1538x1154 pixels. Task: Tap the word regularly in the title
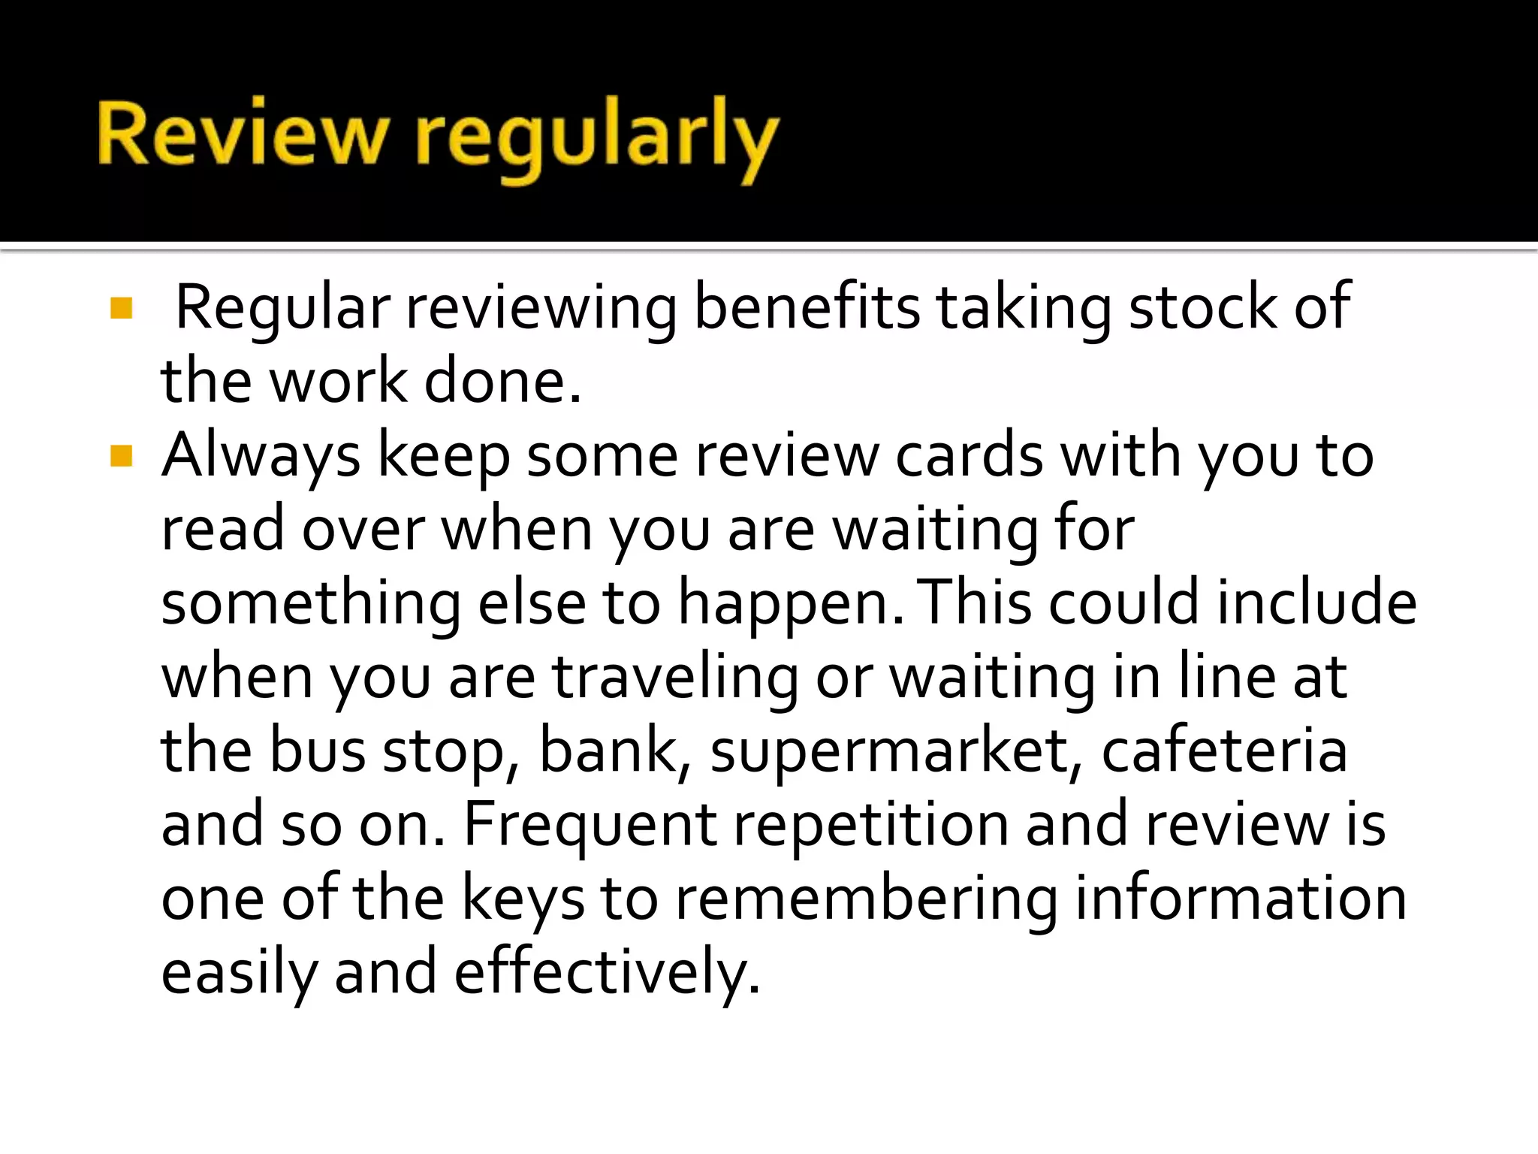click(x=597, y=139)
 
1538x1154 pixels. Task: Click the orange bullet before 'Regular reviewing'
click(x=121, y=307)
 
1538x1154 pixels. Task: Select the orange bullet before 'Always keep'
click(x=121, y=455)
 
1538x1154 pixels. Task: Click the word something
click(x=311, y=604)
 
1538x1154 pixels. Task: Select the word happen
click(x=791, y=604)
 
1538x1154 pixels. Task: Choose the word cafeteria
click(x=1224, y=750)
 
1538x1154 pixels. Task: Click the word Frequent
click(x=590, y=825)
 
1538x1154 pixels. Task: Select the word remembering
click(x=867, y=899)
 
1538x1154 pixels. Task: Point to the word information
click(x=1241, y=899)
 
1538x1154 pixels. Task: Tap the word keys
click(x=523, y=899)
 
